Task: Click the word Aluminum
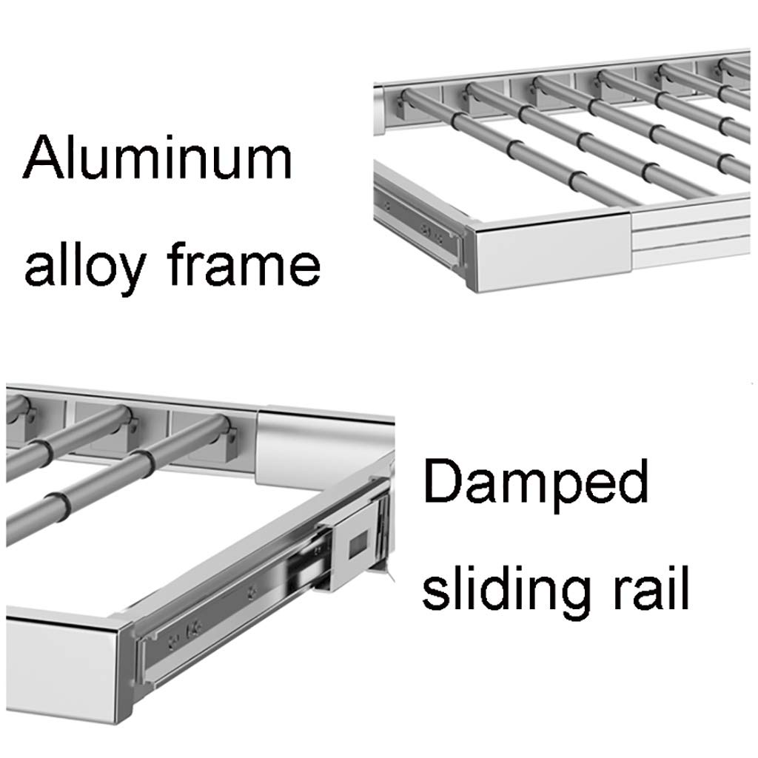pos(157,157)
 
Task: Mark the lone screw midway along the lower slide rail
pos(251,591)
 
